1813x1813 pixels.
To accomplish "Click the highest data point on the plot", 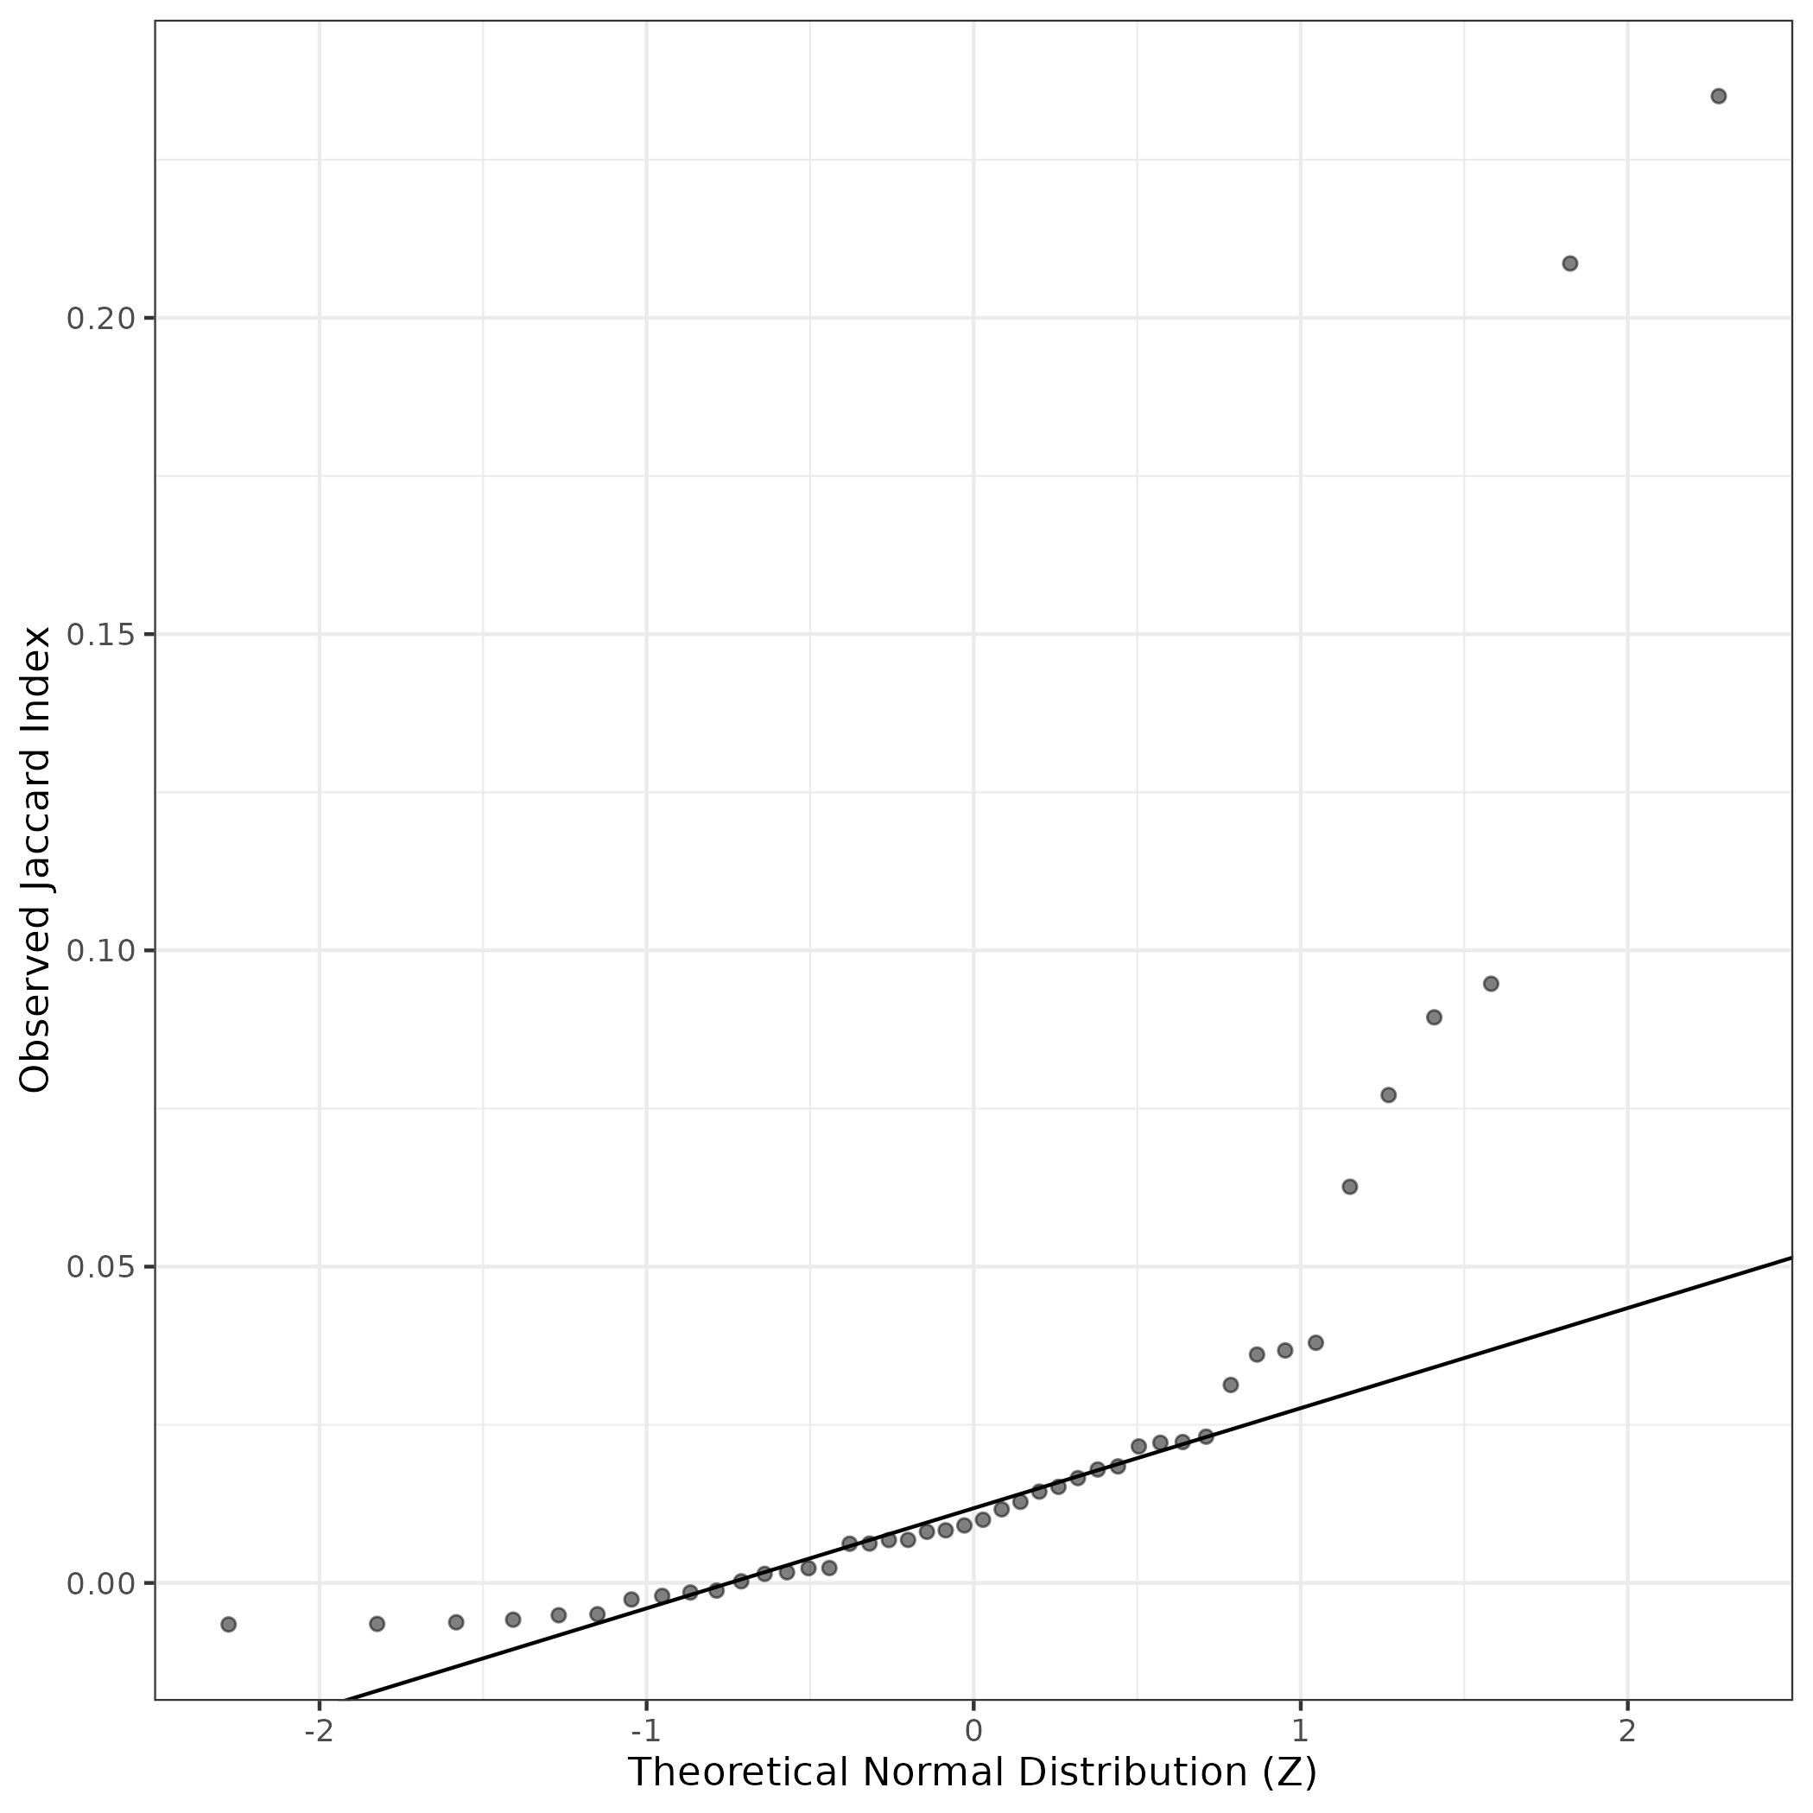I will point(1718,96).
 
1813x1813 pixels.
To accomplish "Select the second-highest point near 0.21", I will point(1570,263).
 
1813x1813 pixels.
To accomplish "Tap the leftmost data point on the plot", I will point(228,1625).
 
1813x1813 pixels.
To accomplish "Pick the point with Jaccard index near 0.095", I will point(1491,984).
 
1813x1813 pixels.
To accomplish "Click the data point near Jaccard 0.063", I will point(1350,1186).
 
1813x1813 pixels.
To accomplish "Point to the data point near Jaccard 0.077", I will point(1389,1095).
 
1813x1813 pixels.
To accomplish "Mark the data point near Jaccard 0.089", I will point(1434,1017).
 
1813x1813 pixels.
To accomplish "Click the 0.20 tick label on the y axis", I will point(97,319).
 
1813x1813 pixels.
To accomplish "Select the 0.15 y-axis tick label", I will point(97,636).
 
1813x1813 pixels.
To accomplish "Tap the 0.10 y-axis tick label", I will point(97,952).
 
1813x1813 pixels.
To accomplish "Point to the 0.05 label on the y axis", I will point(97,1268).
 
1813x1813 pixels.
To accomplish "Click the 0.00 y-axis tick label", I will point(97,1584).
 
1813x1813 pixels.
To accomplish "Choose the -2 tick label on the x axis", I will point(318,1731).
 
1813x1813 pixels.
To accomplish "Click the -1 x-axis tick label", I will point(644,1731).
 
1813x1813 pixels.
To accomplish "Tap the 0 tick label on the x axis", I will point(973,1731).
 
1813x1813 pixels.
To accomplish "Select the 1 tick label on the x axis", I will point(1300,1731).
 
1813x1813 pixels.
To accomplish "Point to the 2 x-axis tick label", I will point(1627,1731).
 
